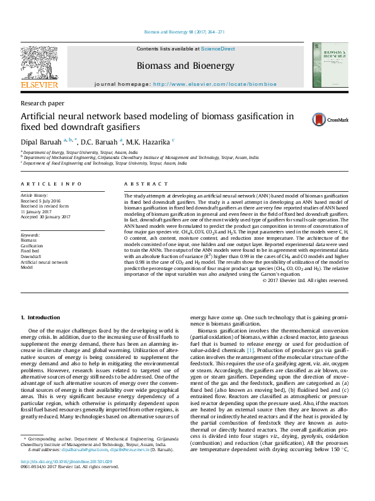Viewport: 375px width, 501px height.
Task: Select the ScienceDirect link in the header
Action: coord(218,49)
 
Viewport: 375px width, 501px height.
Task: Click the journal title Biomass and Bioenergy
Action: coord(185,66)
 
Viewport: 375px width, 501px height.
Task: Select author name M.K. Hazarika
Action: coord(149,141)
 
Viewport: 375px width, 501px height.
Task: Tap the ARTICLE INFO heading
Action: coord(51,184)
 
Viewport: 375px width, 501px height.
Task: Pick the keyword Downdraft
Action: coord(31,256)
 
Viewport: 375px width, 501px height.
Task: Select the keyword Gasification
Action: coord(33,245)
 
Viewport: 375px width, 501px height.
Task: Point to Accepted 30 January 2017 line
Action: coord(45,216)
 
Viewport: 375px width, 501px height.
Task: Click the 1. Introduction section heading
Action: coord(41,317)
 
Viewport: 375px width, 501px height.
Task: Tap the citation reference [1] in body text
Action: coord(250,349)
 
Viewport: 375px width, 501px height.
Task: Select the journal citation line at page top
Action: coord(185,32)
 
